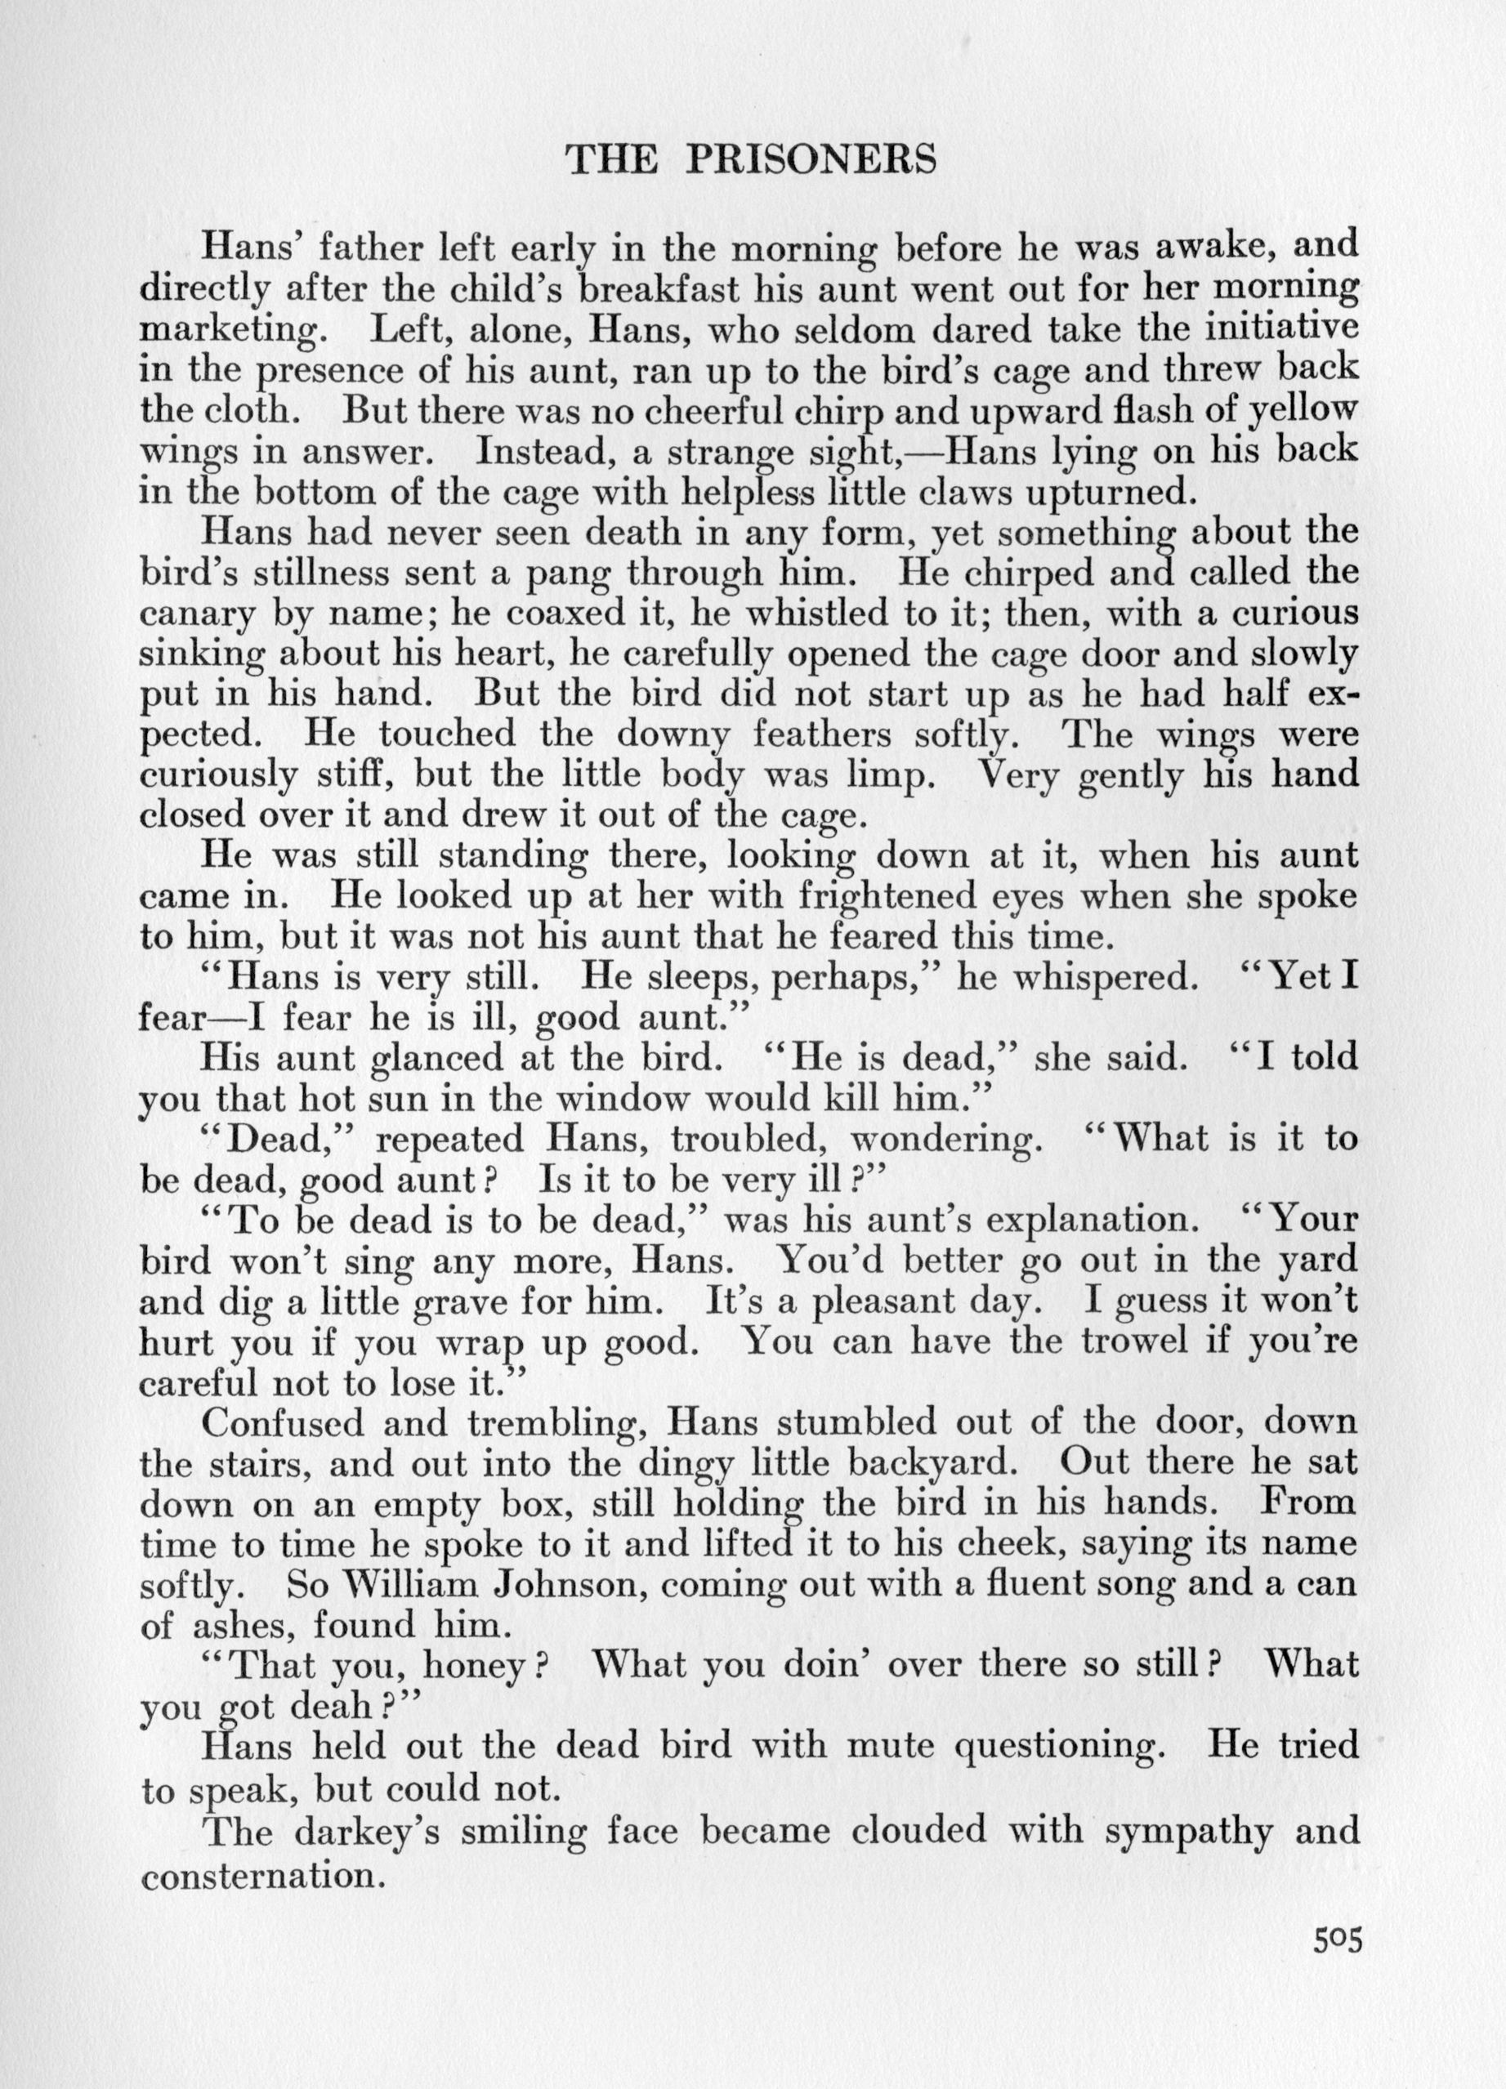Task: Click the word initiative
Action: [x=1281, y=328]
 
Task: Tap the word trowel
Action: [x=1137, y=1341]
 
